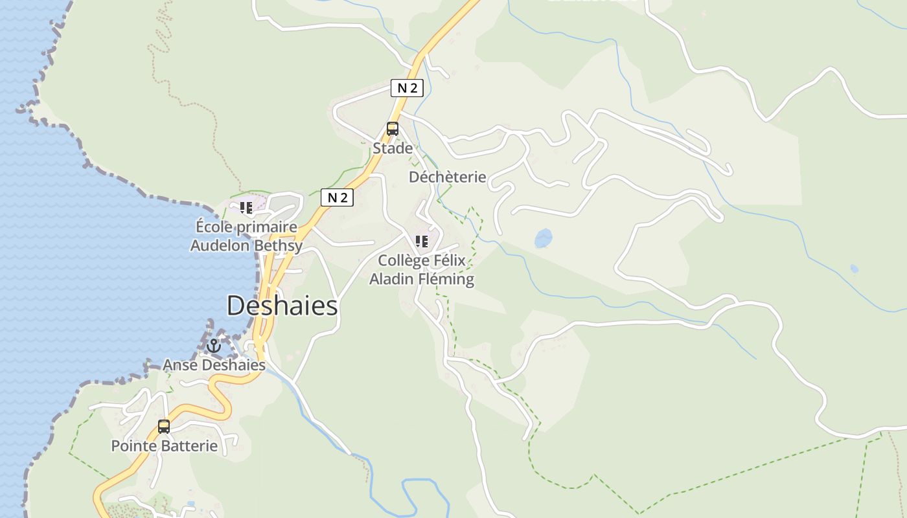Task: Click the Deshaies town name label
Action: pos(282,306)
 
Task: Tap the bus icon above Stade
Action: pos(393,128)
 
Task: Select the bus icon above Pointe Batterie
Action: pos(164,426)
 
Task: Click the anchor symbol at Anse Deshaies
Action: pos(214,346)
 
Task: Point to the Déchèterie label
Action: pos(447,177)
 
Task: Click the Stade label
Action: pos(393,148)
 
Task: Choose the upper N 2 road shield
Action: pos(407,88)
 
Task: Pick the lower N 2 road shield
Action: pos(337,197)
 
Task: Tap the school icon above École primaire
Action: pos(246,208)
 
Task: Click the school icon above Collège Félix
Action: pos(422,242)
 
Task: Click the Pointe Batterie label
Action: pos(164,445)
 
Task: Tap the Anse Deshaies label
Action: pos(214,365)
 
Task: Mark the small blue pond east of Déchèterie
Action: pos(544,238)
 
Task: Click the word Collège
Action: pos(404,260)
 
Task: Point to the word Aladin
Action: pos(391,280)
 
